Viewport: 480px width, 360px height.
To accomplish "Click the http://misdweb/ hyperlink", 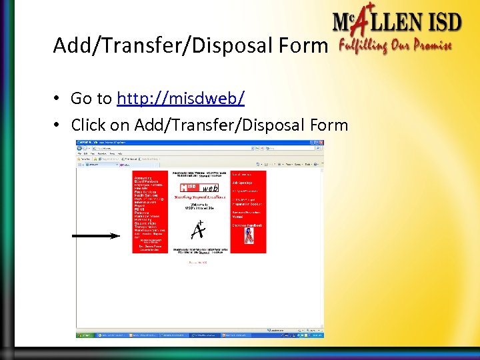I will [180, 99].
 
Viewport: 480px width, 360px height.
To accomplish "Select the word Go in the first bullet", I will [81, 99].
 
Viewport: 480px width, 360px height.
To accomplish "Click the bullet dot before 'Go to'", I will [59, 99].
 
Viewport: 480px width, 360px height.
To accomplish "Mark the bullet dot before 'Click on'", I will [59, 125].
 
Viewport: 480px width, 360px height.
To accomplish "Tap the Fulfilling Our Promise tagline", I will [395, 47].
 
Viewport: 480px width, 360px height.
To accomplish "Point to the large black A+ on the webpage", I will [197, 229].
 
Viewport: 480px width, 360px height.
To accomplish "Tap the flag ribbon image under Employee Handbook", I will [248, 236].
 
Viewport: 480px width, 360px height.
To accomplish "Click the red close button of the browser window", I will [321, 143].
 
